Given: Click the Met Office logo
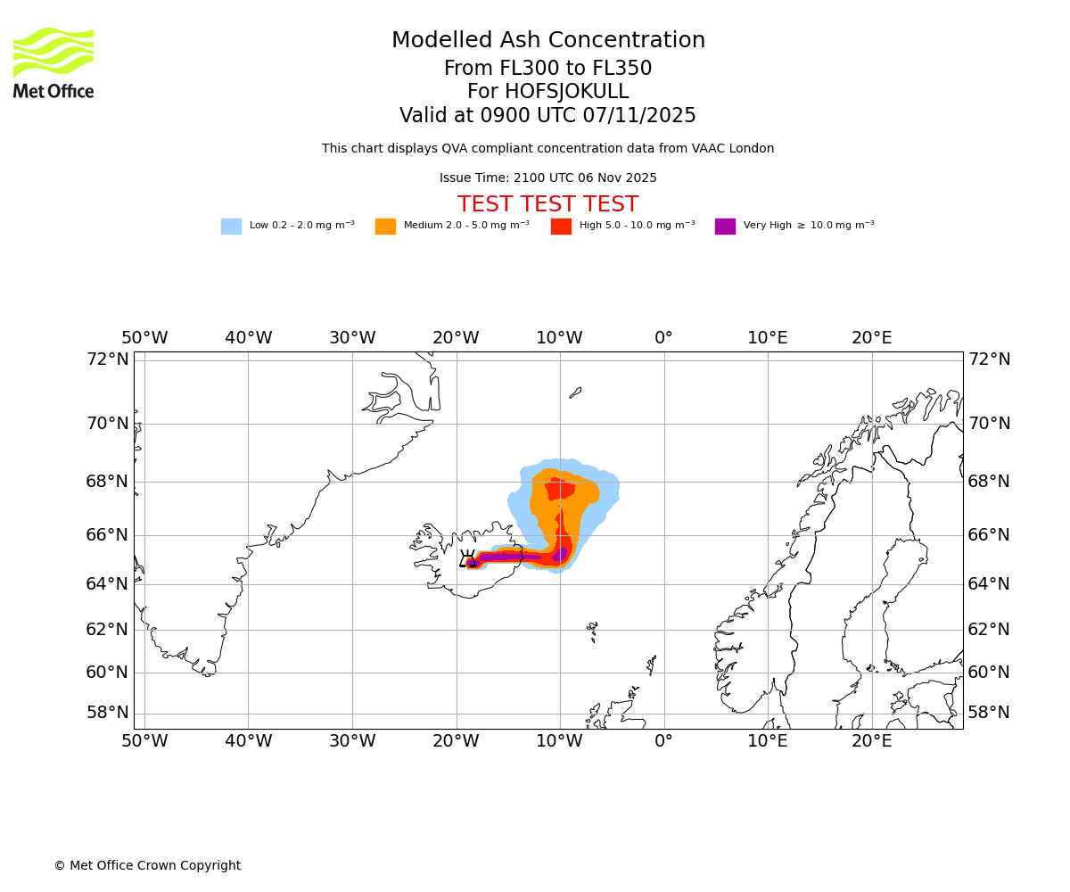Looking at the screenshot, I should tap(53, 62).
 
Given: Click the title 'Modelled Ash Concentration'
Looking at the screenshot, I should tap(548, 41).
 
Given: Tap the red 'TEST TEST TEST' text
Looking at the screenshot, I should tap(547, 204).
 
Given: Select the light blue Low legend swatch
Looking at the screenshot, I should tap(231, 227).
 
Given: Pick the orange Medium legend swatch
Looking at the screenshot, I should tap(385, 227).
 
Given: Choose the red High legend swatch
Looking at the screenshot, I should tap(561, 227).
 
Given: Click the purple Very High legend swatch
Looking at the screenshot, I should tap(725, 227).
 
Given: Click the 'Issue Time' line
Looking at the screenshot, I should tap(547, 178).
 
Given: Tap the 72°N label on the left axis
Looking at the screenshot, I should tap(107, 359).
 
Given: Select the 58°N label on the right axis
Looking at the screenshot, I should tap(989, 712).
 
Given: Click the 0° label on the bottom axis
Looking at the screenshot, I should tap(663, 740).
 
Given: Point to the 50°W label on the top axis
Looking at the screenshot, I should tap(144, 338).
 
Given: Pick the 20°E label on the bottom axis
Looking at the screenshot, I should tap(871, 740).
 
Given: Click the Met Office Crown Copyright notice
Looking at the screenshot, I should tap(147, 865).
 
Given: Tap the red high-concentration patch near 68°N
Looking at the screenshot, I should tap(560, 488).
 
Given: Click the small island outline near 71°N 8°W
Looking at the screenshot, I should tap(575, 392).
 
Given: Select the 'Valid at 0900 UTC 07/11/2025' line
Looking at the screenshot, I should tap(547, 116).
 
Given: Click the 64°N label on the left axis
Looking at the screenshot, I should tap(107, 583).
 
